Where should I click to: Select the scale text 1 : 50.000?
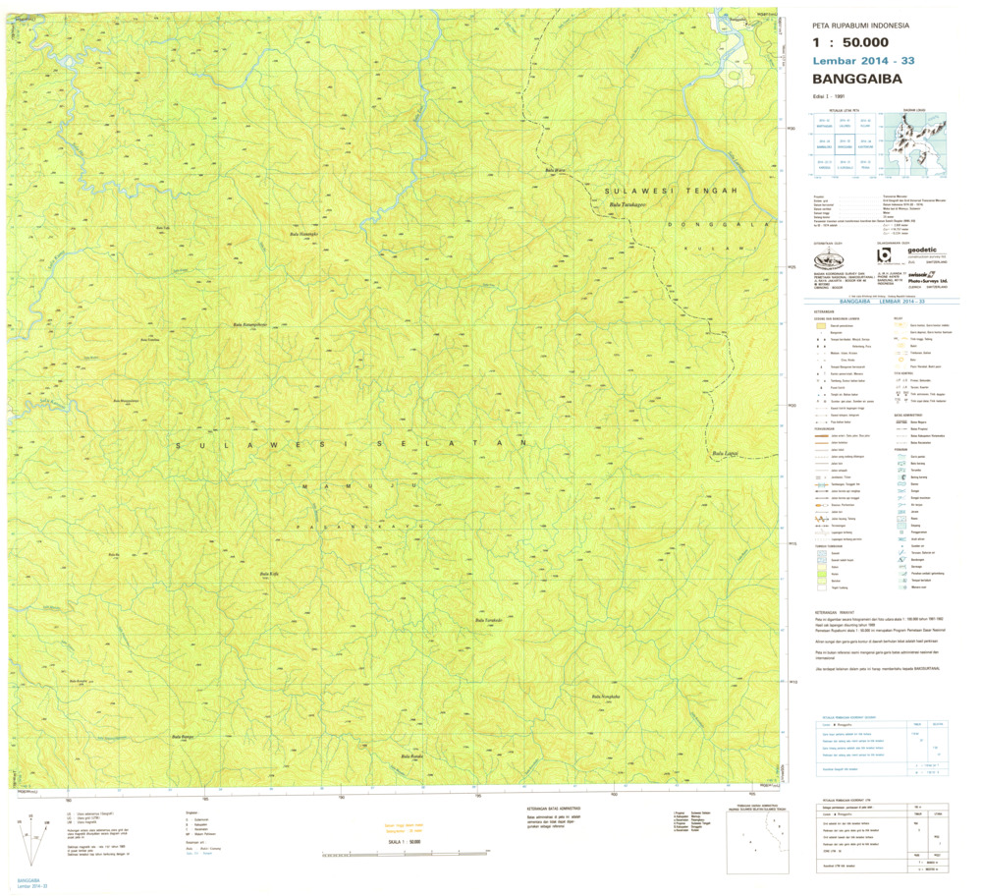[850, 42]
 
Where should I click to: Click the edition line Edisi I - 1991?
[829, 96]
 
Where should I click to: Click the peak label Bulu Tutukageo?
[629, 205]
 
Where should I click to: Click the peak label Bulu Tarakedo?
[490, 620]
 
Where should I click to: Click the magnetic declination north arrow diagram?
[34, 831]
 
